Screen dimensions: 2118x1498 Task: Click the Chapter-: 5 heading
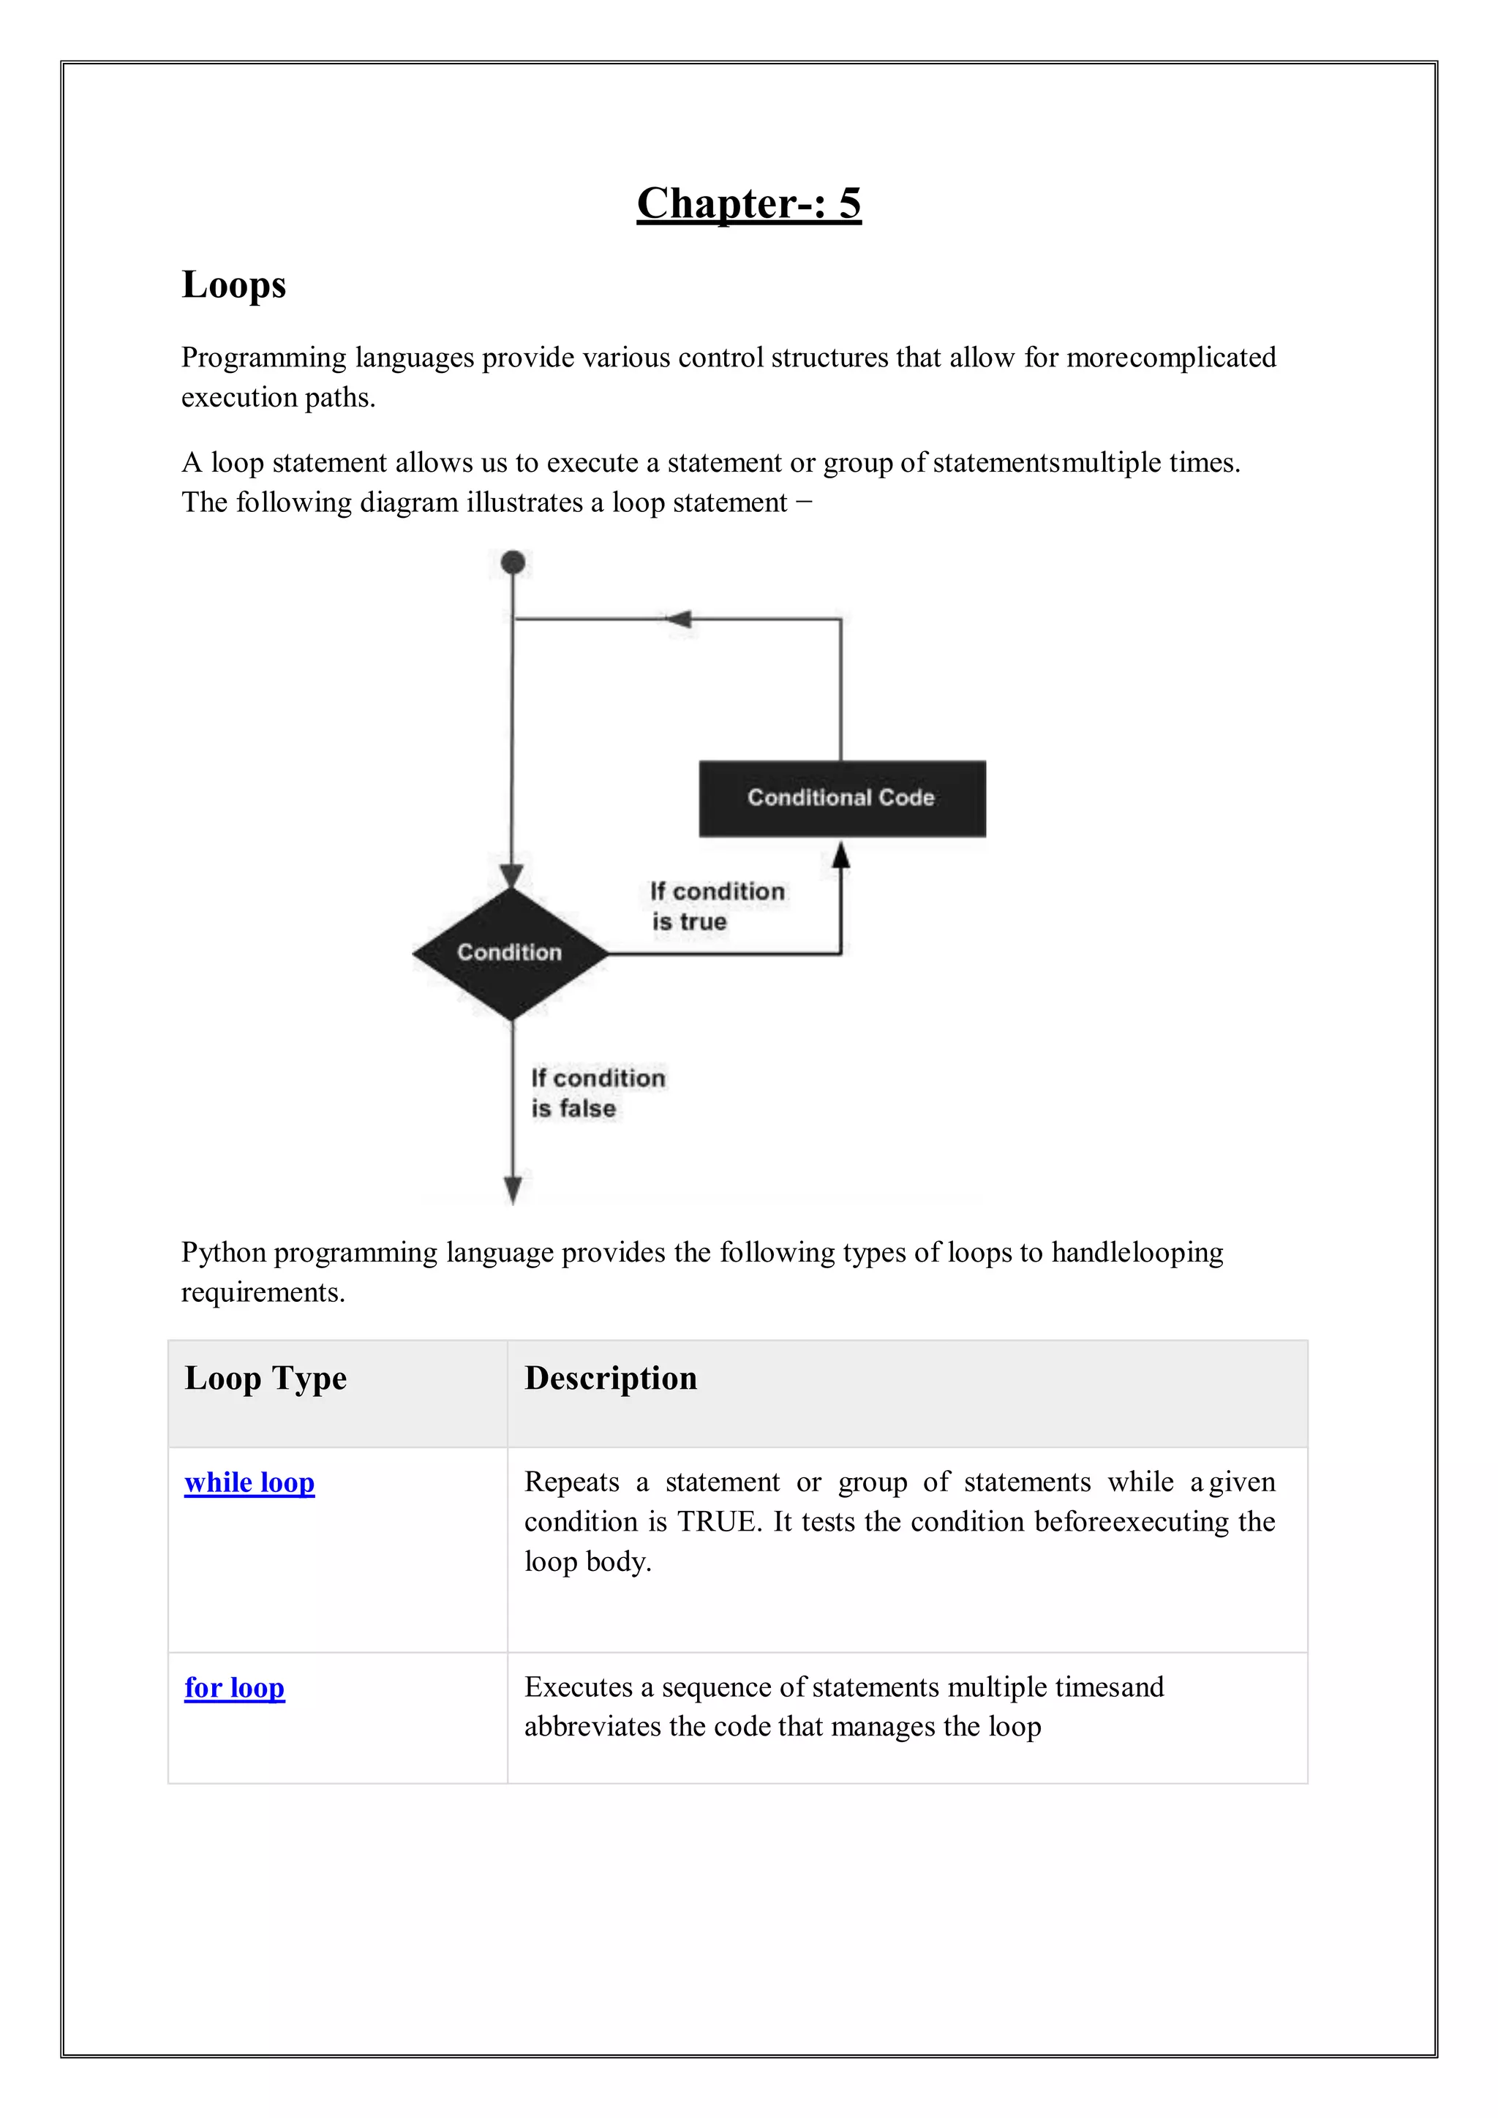coord(748,203)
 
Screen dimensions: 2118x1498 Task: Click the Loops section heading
coord(233,284)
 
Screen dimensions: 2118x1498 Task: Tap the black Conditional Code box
coord(841,798)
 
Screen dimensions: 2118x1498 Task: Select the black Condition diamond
coord(510,953)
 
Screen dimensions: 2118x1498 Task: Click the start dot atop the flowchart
coord(513,562)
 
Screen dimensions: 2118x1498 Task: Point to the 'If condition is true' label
coord(717,906)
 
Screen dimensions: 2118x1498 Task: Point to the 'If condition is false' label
coord(597,1093)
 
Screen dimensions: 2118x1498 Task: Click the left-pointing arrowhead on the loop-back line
coord(679,619)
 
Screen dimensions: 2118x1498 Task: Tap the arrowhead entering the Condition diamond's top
coord(512,876)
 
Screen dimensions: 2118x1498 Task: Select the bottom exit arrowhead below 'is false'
coord(513,1189)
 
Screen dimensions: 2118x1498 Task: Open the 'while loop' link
coord(249,1482)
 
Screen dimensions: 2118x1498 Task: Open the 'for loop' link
coord(234,1687)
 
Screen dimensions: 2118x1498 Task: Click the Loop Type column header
coord(266,1378)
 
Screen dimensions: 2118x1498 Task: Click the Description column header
coord(611,1378)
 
